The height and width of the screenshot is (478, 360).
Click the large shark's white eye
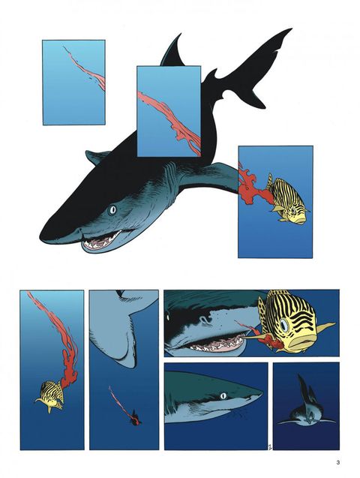pos(112,209)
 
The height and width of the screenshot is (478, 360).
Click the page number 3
pos(337,462)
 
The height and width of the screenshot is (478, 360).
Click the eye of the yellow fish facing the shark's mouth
pos(284,325)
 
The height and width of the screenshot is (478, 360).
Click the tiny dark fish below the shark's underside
pos(134,421)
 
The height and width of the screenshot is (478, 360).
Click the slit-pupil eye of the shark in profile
pos(223,395)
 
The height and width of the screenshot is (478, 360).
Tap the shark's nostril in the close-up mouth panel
pos(205,320)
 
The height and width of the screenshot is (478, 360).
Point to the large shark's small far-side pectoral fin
pos(98,157)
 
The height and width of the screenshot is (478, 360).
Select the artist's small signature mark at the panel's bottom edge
pos(269,447)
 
